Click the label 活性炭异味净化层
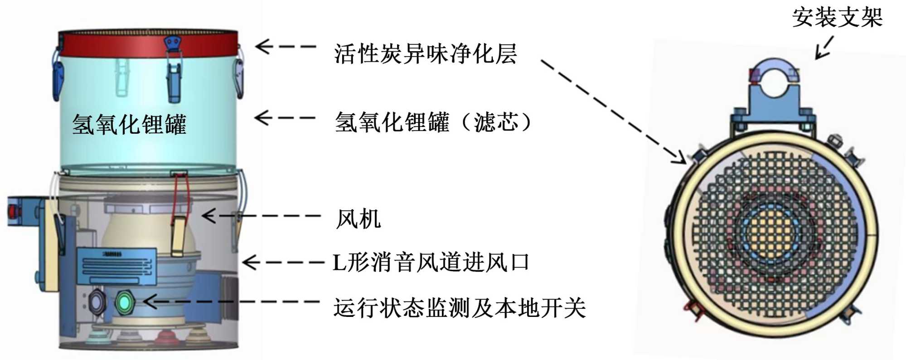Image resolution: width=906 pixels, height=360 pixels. pos(425,54)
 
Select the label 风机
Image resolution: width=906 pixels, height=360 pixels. pos(358,219)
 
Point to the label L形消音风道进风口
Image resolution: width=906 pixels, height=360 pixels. pos(431,263)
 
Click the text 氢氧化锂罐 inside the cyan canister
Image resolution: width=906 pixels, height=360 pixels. pos(129,124)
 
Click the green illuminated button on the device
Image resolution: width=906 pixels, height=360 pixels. pos(125,302)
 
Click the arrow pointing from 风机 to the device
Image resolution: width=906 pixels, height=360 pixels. pos(261,216)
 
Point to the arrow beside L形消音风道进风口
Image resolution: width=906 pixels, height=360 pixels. pos(283,263)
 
